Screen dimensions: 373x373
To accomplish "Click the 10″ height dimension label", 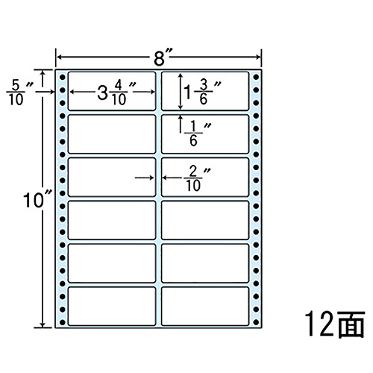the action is click(x=38, y=201).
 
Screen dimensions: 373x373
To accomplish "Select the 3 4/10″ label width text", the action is click(x=116, y=93).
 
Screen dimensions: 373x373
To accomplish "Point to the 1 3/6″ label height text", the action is click(x=202, y=93).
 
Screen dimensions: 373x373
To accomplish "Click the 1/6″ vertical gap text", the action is click(x=197, y=134).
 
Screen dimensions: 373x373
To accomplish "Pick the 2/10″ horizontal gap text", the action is click(x=197, y=178).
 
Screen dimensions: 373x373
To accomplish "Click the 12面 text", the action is click(x=335, y=324).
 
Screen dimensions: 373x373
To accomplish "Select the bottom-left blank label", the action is click(x=112, y=306).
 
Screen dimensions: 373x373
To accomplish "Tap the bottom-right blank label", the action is click(x=205, y=306).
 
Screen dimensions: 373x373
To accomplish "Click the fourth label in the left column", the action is click(x=112, y=220).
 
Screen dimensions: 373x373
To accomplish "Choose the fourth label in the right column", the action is click(x=205, y=220).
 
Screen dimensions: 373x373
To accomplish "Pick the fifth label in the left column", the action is click(x=112, y=263).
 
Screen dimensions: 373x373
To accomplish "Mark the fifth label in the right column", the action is click(x=205, y=263).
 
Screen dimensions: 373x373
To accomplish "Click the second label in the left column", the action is click(x=112, y=134).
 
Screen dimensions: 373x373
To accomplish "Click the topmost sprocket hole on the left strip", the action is click(x=62, y=77).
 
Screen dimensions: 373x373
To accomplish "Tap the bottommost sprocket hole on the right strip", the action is click(x=256, y=322).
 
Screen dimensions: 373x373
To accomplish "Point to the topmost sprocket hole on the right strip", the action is click(x=256, y=77).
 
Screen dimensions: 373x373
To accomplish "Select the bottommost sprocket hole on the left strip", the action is click(x=62, y=322).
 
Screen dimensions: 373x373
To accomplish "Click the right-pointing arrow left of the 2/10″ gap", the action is click(x=144, y=178).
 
